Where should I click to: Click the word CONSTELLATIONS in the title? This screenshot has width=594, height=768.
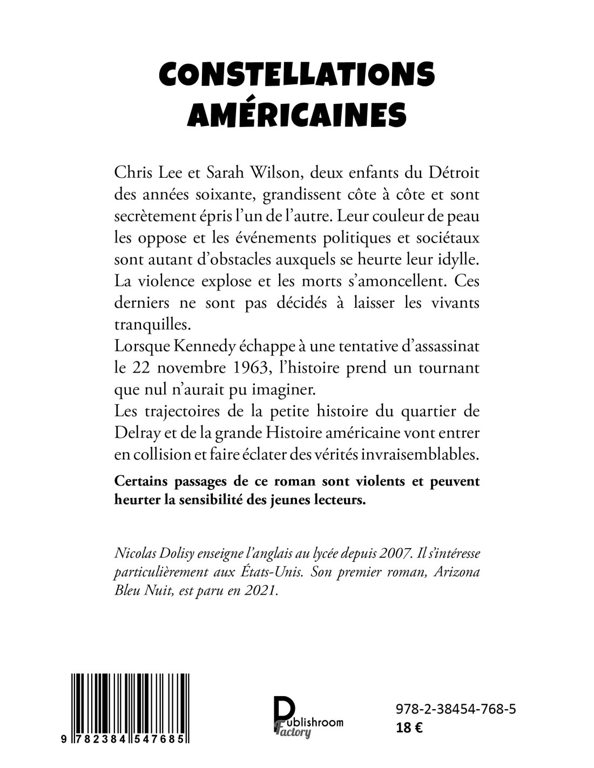pyautogui.click(x=296, y=75)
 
